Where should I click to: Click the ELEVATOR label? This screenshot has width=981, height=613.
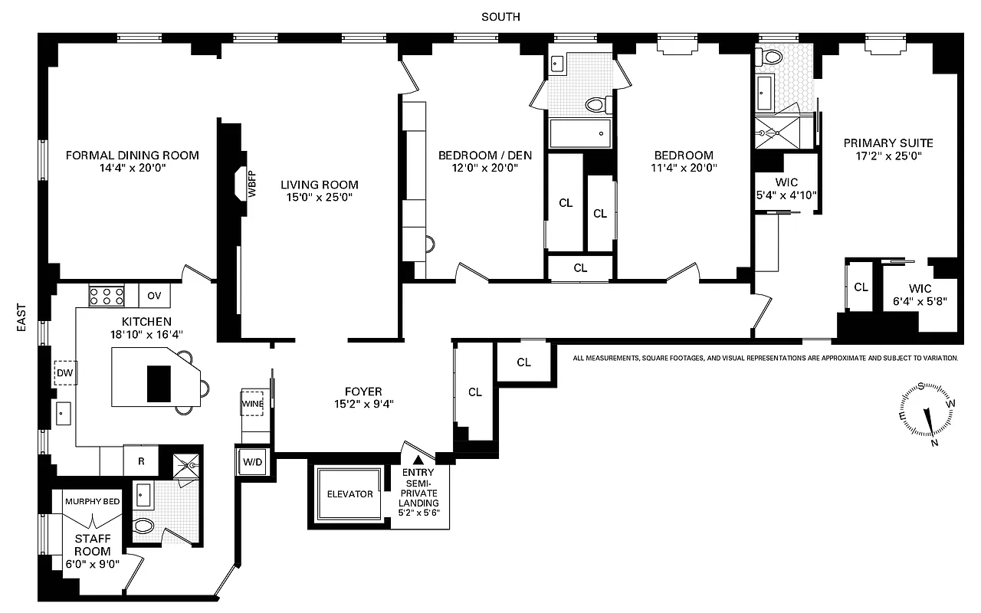click(349, 493)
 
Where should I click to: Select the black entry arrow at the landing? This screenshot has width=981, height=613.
click(418, 460)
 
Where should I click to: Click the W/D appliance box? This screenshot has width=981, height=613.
click(253, 462)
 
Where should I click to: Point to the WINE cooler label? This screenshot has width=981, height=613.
click(252, 404)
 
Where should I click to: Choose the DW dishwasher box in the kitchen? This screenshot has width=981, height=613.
click(64, 372)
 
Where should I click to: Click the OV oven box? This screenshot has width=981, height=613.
click(154, 295)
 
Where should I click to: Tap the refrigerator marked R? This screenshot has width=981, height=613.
click(141, 461)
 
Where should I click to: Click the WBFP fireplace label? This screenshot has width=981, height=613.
click(251, 185)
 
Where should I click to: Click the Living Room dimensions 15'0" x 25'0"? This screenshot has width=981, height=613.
click(319, 198)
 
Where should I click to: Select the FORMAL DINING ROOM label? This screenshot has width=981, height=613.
click(132, 155)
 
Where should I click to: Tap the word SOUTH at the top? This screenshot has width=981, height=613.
click(500, 16)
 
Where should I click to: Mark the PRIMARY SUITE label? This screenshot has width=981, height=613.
click(888, 143)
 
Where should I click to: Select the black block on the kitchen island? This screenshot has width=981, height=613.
click(159, 383)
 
